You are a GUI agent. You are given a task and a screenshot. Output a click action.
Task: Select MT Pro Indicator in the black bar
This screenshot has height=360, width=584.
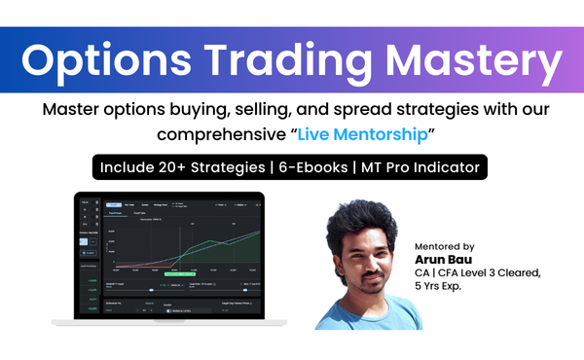tap(419, 167)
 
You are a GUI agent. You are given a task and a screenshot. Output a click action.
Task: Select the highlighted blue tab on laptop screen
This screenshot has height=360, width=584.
tap(114, 205)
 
